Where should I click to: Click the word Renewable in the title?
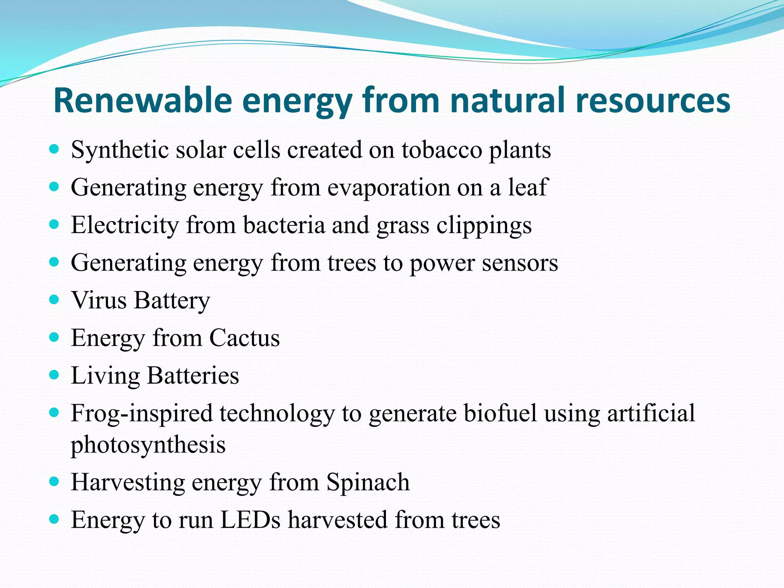click(x=143, y=100)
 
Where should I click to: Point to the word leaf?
click(x=528, y=187)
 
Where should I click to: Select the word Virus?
click(x=99, y=300)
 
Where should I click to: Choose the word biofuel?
click(x=500, y=413)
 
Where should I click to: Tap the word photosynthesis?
click(x=148, y=445)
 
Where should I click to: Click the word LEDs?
click(x=250, y=520)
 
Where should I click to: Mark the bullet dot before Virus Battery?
click(x=54, y=299)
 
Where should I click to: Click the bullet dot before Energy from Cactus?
click(x=54, y=337)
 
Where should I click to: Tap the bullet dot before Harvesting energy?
click(x=54, y=481)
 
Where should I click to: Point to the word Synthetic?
click(x=120, y=150)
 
